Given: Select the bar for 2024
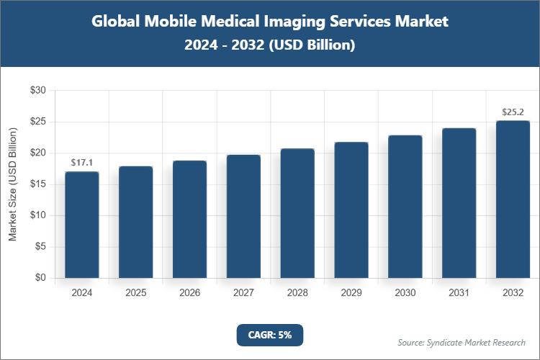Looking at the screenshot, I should click(x=81, y=225).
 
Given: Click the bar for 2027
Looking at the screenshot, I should click(x=243, y=216).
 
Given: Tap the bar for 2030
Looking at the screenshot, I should click(x=405, y=207).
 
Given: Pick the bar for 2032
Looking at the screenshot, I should click(x=513, y=199).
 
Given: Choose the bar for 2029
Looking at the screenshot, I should click(x=351, y=210).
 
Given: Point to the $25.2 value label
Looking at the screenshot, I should click(x=513, y=112).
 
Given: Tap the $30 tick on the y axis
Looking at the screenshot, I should click(x=37, y=91).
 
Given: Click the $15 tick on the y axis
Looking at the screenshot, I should click(x=37, y=184).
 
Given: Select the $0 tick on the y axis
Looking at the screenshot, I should click(x=40, y=278).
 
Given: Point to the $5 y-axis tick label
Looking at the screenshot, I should click(x=40, y=247).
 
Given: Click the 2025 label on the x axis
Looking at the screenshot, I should click(x=135, y=293).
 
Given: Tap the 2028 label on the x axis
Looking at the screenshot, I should click(x=297, y=293).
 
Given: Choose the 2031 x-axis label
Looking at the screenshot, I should click(x=459, y=293).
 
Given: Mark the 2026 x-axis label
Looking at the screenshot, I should click(x=189, y=293).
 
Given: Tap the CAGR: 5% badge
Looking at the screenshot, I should click(x=270, y=335).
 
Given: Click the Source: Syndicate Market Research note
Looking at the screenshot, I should click(x=462, y=342).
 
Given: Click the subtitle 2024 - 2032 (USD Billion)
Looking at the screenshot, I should click(x=270, y=45).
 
